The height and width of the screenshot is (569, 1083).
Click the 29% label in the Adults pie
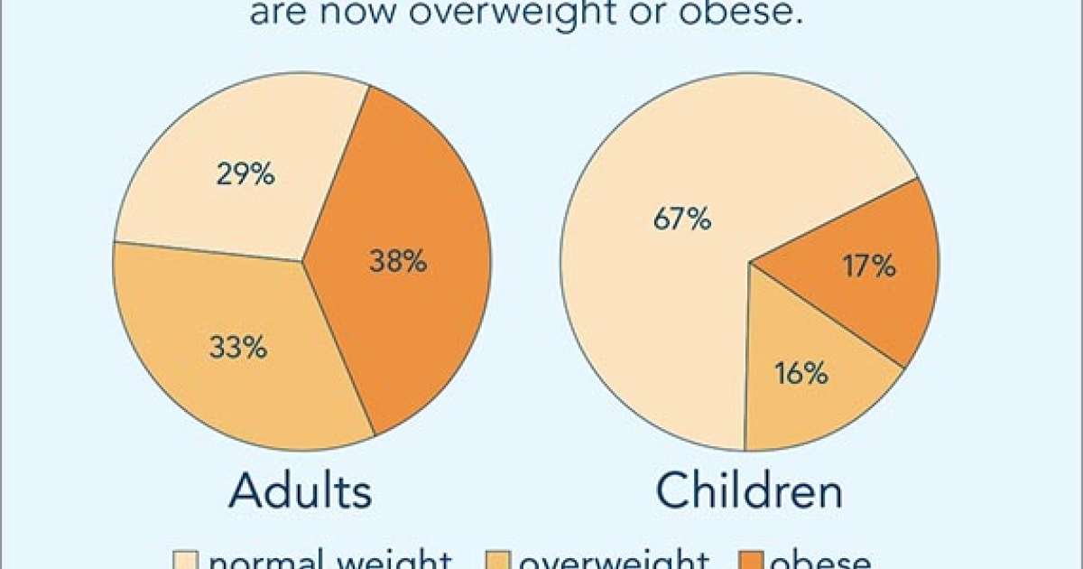click(245, 174)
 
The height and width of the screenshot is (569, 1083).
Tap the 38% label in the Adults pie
click(397, 262)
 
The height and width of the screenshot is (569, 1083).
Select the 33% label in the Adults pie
click(238, 348)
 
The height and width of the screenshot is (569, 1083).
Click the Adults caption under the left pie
click(301, 492)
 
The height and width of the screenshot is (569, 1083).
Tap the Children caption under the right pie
click(749, 492)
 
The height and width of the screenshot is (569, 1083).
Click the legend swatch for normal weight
click(184, 561)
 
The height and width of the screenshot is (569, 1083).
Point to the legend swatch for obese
click(752, 561)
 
